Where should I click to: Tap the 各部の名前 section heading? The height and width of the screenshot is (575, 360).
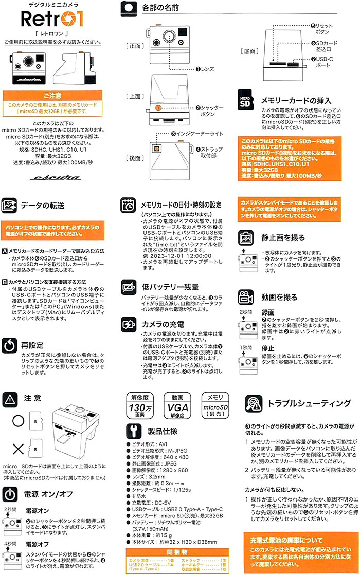161,8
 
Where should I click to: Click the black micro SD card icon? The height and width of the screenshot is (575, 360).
246,101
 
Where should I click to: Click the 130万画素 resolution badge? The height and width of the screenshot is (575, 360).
140,409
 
